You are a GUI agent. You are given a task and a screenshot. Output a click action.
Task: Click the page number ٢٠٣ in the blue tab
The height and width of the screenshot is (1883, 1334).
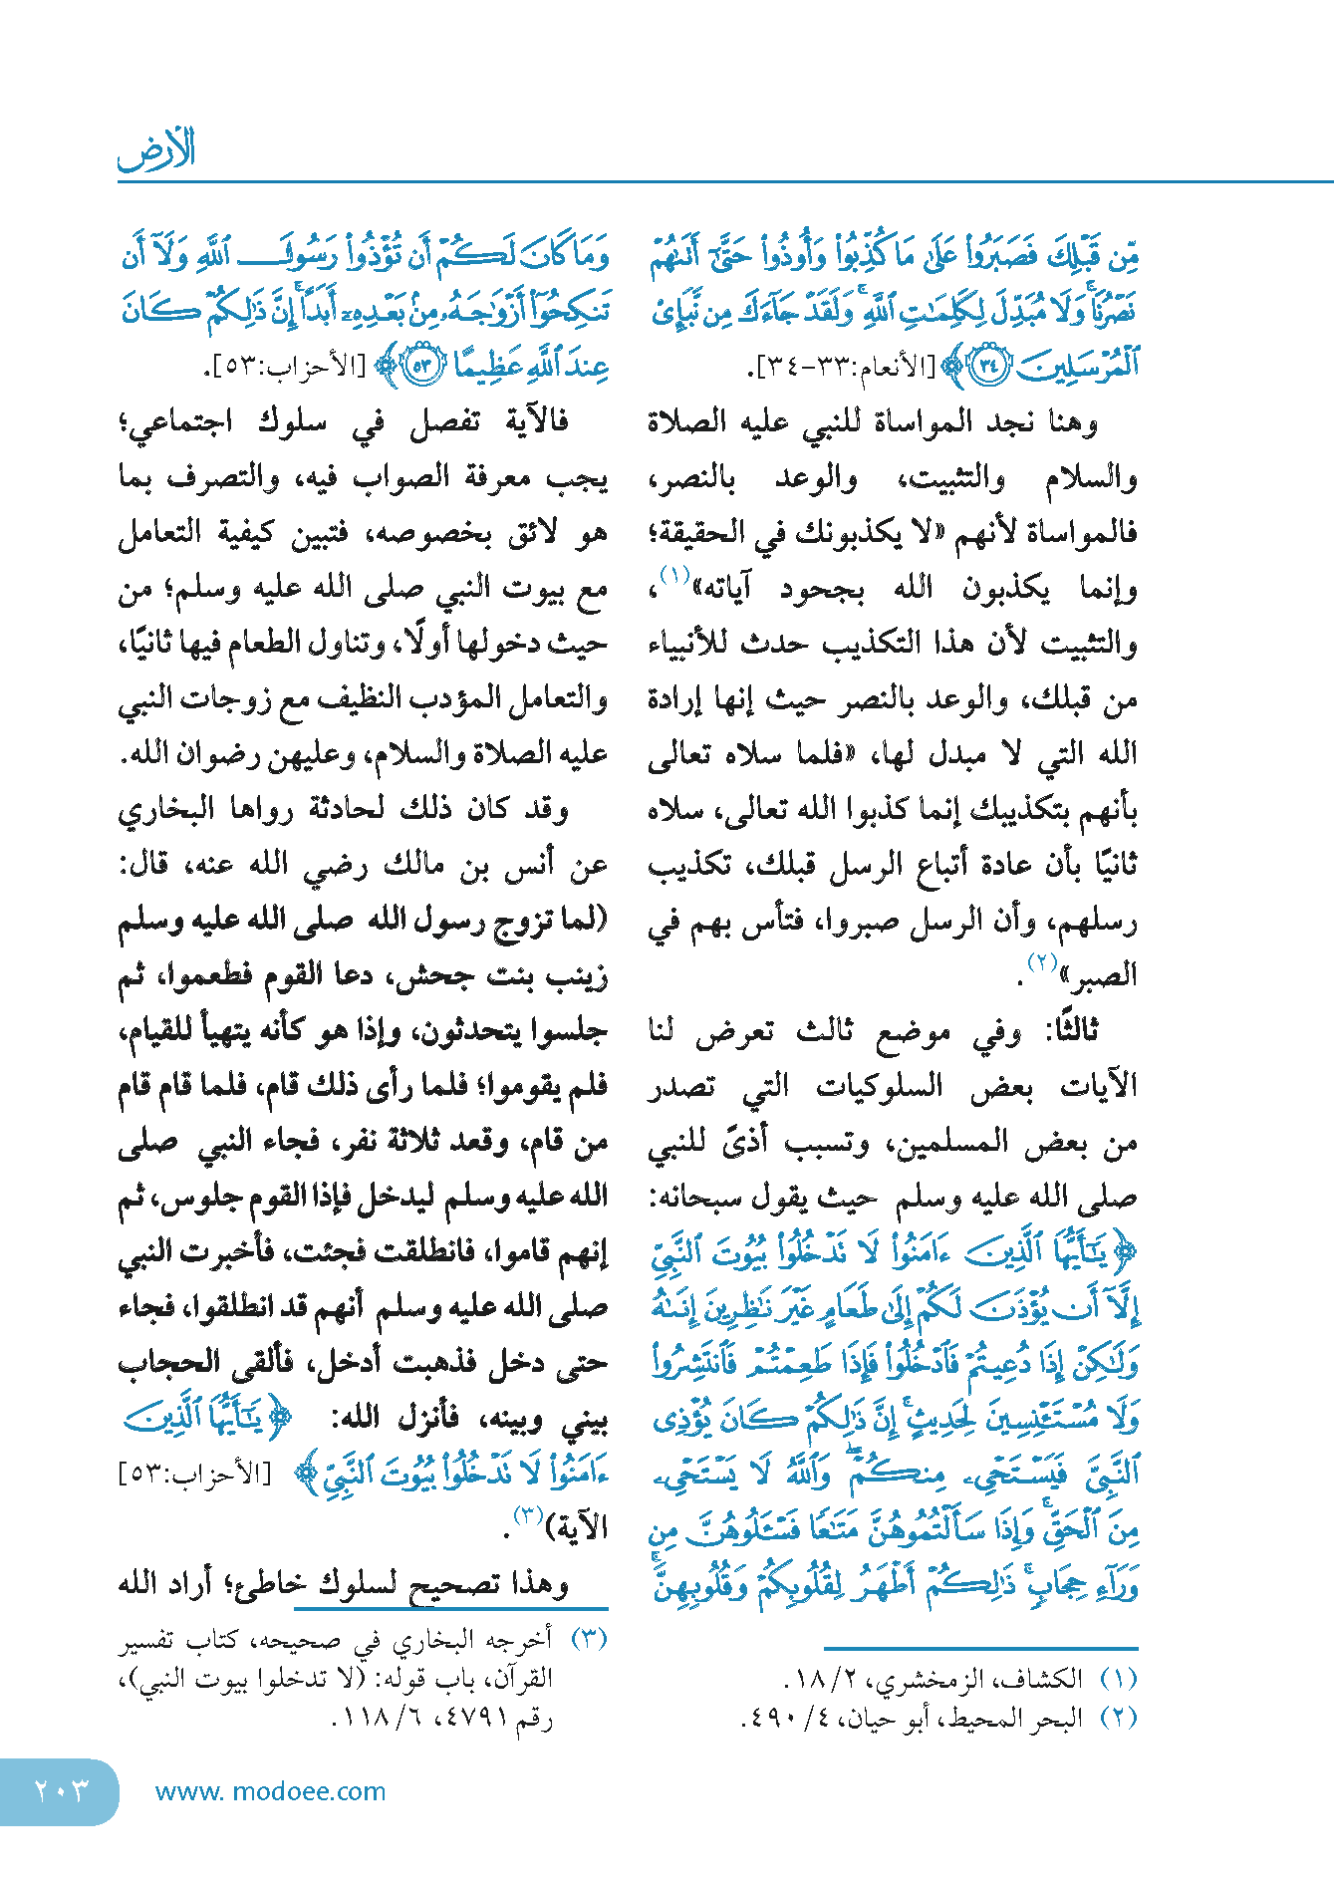[x=61, y=1790]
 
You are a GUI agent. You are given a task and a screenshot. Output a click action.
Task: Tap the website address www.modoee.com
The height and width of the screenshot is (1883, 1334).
[x=270, y=1791]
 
